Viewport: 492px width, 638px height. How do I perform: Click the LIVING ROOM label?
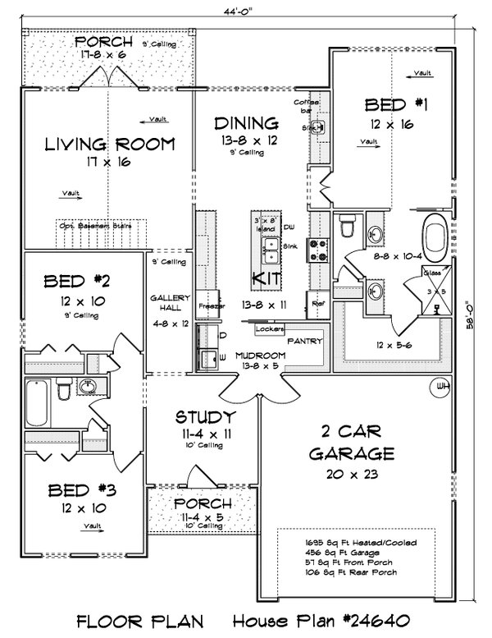click(110, 145)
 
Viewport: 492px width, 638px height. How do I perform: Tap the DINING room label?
click(246, 124)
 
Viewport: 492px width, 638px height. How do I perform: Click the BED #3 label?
click(74, 491)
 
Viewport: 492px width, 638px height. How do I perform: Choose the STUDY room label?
click(206, 416)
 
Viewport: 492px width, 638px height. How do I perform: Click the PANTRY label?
click(305, 340)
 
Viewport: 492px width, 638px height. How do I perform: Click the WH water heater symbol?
click(442, 385)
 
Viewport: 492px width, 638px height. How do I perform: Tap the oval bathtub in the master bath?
click(435, 237)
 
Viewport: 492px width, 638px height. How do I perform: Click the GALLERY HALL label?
click(170, 301)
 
